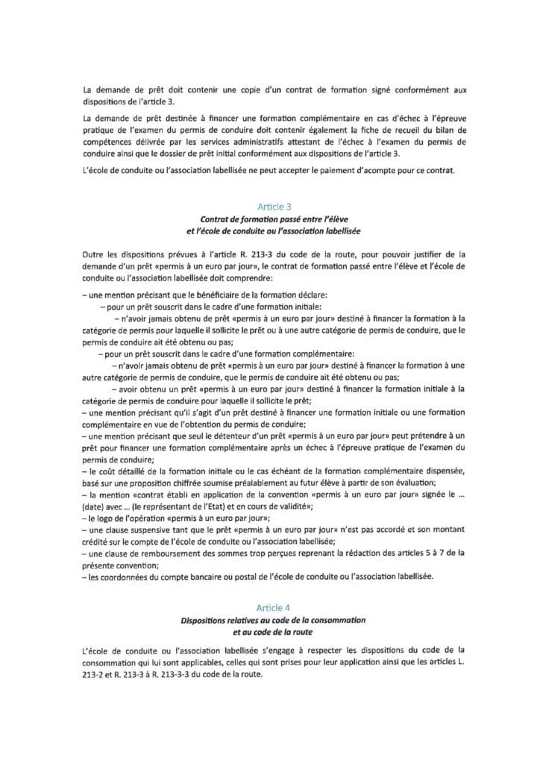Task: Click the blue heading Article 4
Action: (270, 609)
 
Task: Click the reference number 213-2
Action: (98, 668)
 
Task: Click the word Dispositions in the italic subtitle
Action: (206, 621)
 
